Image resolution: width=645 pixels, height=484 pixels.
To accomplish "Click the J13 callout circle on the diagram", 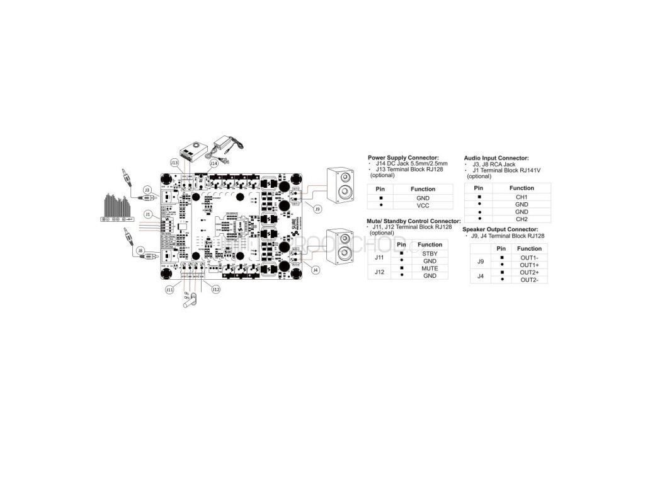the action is point(174,162).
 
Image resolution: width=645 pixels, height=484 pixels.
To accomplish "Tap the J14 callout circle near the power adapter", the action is point(214,163).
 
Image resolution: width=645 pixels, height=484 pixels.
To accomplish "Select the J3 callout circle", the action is point(147,189).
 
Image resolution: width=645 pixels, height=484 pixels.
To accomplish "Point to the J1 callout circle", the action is point(148,214).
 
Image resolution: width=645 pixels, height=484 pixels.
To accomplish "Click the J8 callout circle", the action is point(141,250).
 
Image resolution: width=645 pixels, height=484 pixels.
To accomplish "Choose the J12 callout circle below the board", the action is point(216,289).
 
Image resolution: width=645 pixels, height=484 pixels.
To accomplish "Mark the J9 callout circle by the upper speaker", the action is point(318,209).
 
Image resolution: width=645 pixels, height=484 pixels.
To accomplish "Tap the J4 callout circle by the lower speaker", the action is point(316,270).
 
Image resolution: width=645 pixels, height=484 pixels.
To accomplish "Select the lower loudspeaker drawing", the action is point(341,247).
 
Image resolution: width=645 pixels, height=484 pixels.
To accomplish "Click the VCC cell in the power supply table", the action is point(423,205).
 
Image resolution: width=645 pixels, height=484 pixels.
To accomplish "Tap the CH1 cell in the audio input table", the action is point(522,197).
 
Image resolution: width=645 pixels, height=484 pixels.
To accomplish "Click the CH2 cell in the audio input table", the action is point(522,219).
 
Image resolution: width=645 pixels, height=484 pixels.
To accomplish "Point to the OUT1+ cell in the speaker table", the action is point(529,265).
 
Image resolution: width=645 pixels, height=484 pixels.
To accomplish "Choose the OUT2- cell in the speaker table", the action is point(529,279).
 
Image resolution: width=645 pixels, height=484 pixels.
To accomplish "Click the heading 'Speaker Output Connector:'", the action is point(500,229).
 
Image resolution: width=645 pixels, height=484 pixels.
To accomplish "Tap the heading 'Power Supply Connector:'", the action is point(403,158).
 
